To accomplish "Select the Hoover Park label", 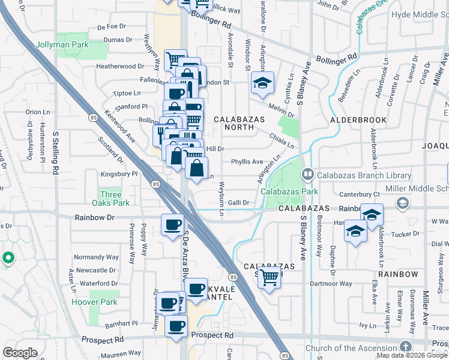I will point(95,302).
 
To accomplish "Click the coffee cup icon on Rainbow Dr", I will point(172,225).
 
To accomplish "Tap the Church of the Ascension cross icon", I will point(406,347).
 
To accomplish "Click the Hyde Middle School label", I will point(420,15).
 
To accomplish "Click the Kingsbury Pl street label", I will point(118,174).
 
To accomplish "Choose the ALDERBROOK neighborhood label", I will point(359,120).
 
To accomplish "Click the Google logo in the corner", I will point(20,353).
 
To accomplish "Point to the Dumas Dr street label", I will point(118,40).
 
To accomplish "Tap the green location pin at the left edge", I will point(8,258).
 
